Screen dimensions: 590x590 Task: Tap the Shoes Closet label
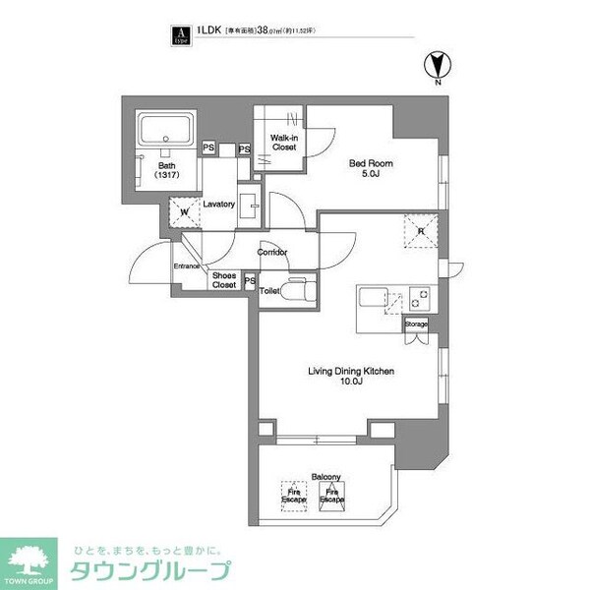click(x=224, y=281)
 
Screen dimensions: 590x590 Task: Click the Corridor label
click(x=271, y=253)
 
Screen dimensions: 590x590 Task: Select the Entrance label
click(x=187, y=266)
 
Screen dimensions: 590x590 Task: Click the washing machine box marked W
click(x=183, y=211)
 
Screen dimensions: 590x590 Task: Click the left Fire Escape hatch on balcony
click(x=292, y=498)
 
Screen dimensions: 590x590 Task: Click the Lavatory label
click(x=218, y=205)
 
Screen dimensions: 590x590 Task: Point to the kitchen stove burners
click(x=420, y=297)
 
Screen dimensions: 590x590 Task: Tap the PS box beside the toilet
click(x=250, y=282)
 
